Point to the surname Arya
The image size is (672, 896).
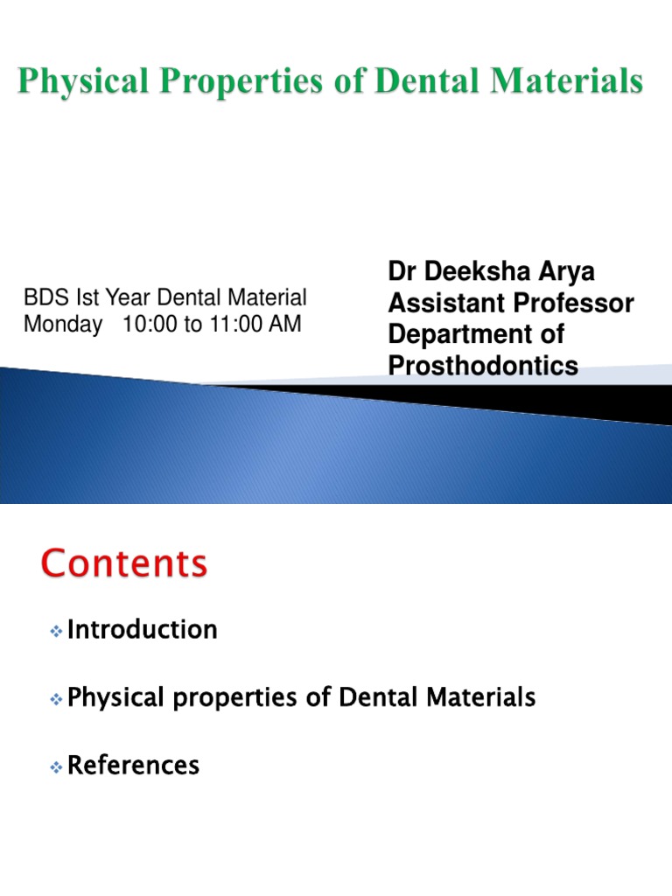point(564,271)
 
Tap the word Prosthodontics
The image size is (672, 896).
point(483,366)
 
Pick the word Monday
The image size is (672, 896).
point(63,324)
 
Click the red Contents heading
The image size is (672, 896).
point(124,564)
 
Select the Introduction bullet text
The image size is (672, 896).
point(142,629)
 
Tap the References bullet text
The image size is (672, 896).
point(133,766)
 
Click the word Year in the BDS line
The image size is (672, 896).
point(124,298)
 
